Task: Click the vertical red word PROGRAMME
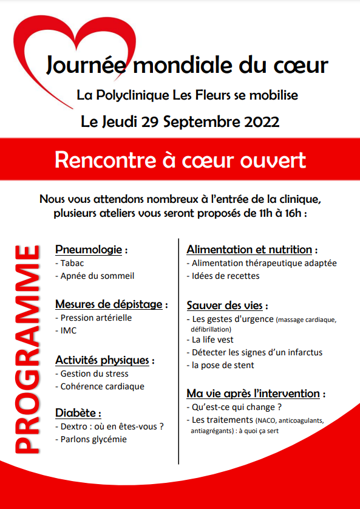coord(27,349)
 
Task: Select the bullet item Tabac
coord(72,263)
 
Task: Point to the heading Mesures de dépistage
coord(110,304)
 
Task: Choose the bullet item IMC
coord(69,330)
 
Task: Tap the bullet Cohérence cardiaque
coord(102,386)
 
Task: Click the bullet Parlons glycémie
coord(93,439)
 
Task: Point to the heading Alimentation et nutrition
coord(250,250)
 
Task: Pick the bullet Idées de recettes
coord(225,276)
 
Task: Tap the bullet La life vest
coord(212,340)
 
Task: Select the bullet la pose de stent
coord(223,365)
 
